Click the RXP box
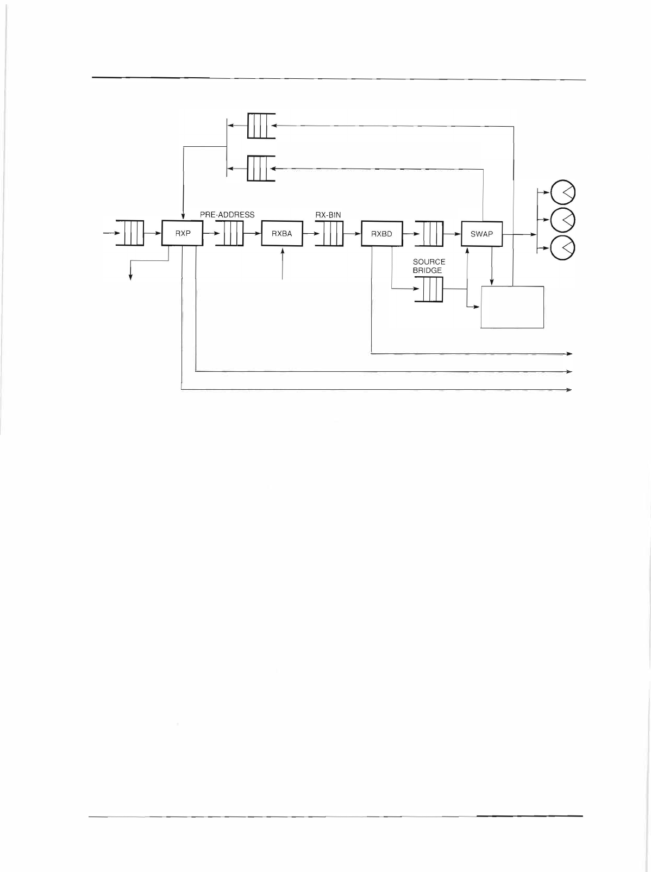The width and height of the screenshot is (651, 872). pyautogui.click(x=183, y=234)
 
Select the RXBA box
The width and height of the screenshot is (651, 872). pyautogui.click(x=282, y=234)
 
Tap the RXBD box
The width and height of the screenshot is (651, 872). pyautogui.click(x=382, y=234)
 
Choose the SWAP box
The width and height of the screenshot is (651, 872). pyautogui.click(x=481, y=234)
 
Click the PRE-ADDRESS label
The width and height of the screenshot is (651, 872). pyautogui.click(x=227, y=215)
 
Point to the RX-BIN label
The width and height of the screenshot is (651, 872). pyautogui.click(x=328, y=215)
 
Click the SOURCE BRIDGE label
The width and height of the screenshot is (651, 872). pyautogui.click(x=429, y=266)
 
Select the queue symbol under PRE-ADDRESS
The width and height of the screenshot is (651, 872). pyautogui.click(x=229, y=234)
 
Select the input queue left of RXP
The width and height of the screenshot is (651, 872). pyautogui.click(x=130, y=234)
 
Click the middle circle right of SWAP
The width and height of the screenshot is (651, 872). pyautogui.click(x=564, y=220)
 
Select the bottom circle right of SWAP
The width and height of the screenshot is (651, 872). pyautogui.click(x=564, y=248)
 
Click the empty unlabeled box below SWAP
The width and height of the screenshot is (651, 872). pyautogui.click(x=512, y=307)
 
